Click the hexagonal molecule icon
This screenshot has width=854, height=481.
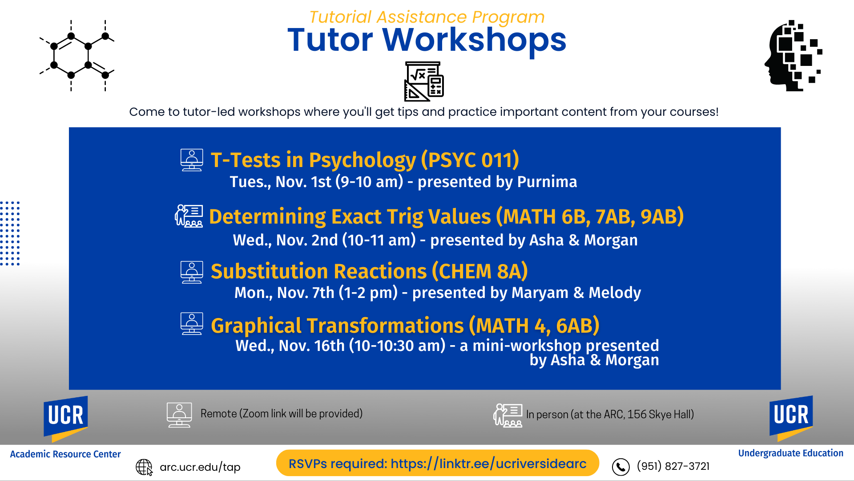pyautogui.click(x=77, y=55)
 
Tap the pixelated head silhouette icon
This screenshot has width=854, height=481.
pyautogui.click(x=793, y=55)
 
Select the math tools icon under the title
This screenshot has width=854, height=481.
pyautogui.click(x=424, y=82)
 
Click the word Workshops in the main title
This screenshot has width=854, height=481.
pyautogui.click(x=474, y=40)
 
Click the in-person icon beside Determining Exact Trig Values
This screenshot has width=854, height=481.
pyautogui.click(x=189, y=216)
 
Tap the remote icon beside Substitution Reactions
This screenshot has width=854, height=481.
pyautogui.click(x=192, y=272)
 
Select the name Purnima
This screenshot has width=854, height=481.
pyautogui.click(x=547, y=182)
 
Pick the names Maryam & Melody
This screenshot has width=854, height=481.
pyautogui.click(x=576, y=293)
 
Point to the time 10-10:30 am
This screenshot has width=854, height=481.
pyautogui.click(x=397, y=346)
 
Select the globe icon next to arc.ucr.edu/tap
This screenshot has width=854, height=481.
pyautogui.click(x=144, y=467)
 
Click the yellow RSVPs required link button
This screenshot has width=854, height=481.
pyautogui.click(x=438, y=463)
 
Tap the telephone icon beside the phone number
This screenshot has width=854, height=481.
pyautogui.click(x=621, y=467)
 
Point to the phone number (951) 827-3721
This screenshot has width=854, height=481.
pyautogui.click(x=673, y=466)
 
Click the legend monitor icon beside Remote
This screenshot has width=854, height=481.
pyautogui.click(x=179, y=415)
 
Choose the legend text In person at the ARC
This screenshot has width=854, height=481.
pyautogui.click(x=610, y=415)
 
